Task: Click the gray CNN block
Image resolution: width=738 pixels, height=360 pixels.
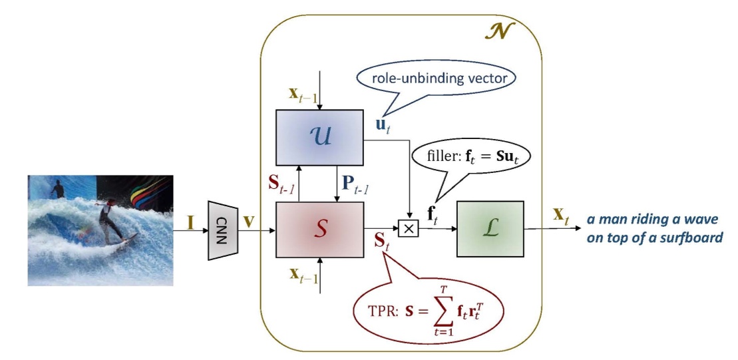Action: point(224,230)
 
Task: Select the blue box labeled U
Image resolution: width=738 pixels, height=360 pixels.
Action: point(319,138)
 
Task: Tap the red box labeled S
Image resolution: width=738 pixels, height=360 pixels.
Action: point(319,228)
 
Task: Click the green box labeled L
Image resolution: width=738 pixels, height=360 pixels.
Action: point(490,228)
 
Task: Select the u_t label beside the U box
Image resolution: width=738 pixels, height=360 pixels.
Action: point(379,124)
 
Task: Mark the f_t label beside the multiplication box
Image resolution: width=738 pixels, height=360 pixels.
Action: point(432,214)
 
